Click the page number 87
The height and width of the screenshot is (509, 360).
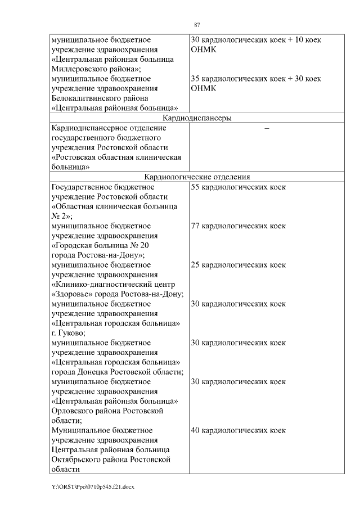[x=197, y=25]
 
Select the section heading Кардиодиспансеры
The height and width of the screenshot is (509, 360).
[x=197, y=118]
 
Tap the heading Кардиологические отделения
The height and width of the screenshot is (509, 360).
[x=197, y=177]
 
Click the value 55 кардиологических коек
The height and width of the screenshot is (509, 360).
[x=238, y=187]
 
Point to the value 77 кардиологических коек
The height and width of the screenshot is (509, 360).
[x=238, y=226]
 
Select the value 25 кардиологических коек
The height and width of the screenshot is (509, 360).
[x=238, y=265]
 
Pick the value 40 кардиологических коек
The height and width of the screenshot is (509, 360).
[x=238, y=430]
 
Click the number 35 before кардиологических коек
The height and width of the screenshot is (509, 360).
[x=196, y=79]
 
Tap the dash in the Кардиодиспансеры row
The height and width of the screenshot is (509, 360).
[x=267, y=129]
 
